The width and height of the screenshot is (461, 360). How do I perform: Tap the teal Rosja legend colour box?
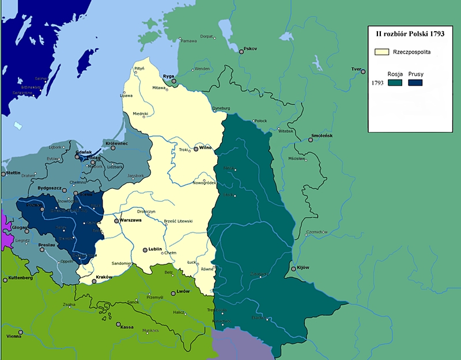click(395, 83)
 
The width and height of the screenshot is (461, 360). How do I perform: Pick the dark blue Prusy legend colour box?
click(415, 83)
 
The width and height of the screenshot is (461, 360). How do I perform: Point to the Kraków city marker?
click(93, 281)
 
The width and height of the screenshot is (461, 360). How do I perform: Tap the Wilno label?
click(206, 147)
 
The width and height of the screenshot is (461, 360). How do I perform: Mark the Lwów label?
click(183, 291)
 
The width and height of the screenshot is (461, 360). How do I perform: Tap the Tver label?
click(356, 69)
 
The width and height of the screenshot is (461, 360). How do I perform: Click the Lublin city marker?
click(144, 250)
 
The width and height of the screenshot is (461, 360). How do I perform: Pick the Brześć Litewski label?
click(178, 222)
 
